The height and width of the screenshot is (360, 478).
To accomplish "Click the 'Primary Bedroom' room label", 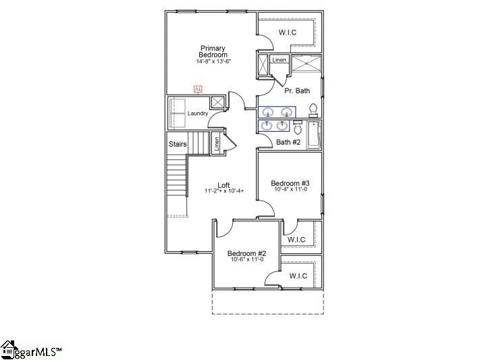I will click(x=213, y=51).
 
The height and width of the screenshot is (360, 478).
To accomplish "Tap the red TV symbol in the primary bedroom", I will click(x=198, y=88).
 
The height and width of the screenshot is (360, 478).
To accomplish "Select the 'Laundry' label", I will click(x=198, y=113).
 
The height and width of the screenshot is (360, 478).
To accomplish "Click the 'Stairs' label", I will click(x=177, y=144).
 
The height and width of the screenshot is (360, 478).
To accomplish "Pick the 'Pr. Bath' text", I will click(x=297, y=91).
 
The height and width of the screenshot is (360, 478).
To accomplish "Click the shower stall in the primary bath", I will click(x=306, y=65).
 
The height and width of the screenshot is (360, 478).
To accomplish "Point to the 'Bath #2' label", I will click(x=288, y=142).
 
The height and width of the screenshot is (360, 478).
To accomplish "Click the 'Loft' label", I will click(x=225, y=184).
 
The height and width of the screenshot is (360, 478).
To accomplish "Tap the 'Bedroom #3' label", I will click(x=290, y=183).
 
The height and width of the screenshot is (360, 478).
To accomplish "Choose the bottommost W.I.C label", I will click(x=298, y=276).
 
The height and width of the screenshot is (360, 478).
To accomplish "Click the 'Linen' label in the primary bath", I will click(x=279, y=60).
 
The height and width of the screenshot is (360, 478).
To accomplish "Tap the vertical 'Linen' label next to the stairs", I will click(x=217, y=143).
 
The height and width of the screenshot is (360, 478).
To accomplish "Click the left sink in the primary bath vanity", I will click(x=268, y=112).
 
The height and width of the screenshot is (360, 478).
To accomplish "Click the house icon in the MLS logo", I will click(x=9, y=349).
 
